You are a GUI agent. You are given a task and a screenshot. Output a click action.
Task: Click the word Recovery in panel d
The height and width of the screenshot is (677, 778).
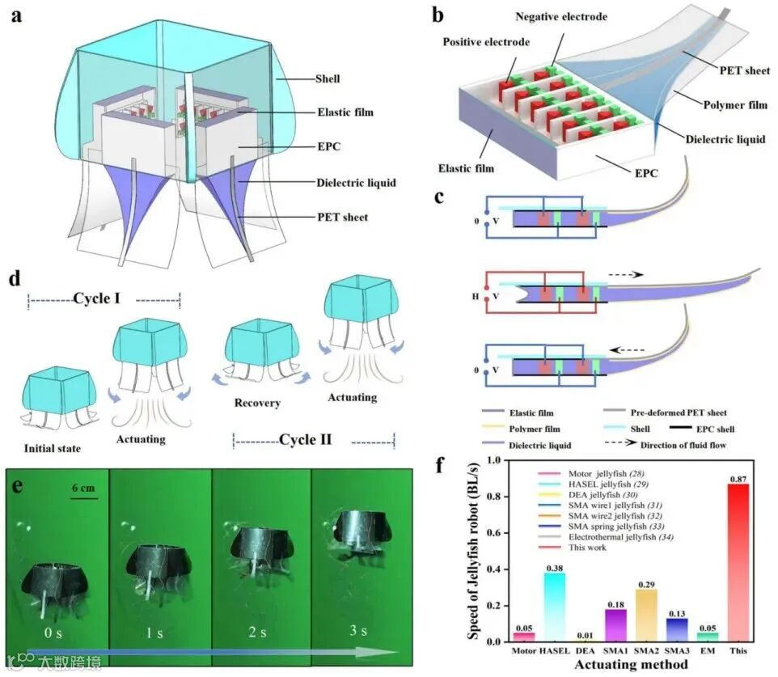click(x=257, y=402)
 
